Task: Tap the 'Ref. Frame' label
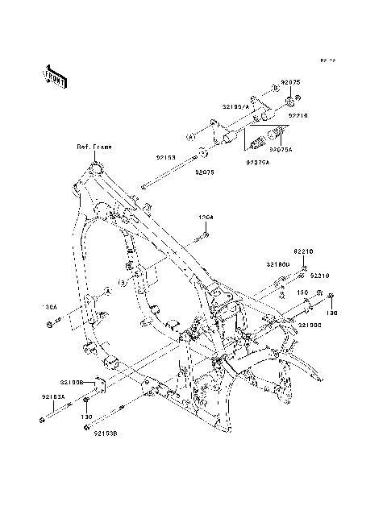(x=94, y=147)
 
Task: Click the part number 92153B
(x=104, y=433)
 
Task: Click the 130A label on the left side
(x=50, y=307)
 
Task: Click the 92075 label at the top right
(x=291, y=84)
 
